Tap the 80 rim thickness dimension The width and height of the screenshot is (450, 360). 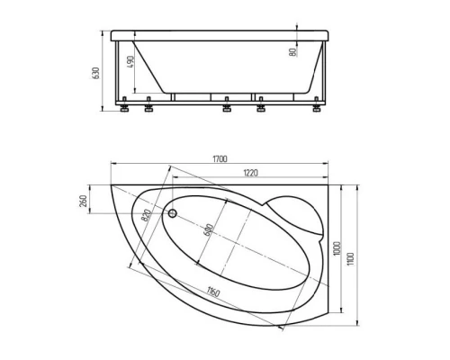294,52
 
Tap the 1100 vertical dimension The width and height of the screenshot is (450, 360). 352,255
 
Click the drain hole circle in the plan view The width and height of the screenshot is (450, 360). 174,214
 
